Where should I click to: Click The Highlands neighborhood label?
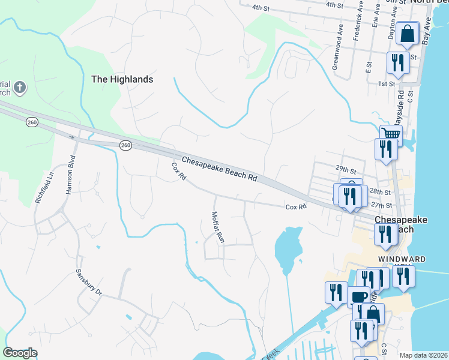pyautogui.click(x=122, y=79)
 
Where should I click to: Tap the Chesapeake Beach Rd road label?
pyautogui.click(x=219, y=170)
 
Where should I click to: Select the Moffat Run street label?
pyautogui.click(x=217, y=227)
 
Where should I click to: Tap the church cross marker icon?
pyautogui.click(x=19, y=88)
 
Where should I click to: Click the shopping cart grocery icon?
pyautogui.click(x=391, y=134)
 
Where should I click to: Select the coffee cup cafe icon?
pyautogui.click(x=359, y=296)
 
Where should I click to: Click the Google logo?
pyautogui.click(x=20, y=353)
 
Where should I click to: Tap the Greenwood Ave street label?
pyautogui.click(x=338, y=55)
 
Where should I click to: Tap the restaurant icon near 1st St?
pyautogui.click(x=398, y=62)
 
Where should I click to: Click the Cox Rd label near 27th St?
pyautogui.click(x=296, y=206)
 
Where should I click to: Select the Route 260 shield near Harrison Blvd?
pyautogui.click(x=32, y=122)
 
